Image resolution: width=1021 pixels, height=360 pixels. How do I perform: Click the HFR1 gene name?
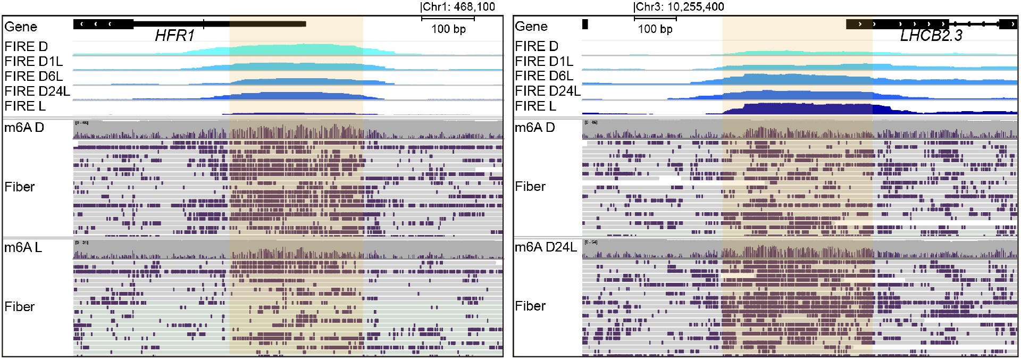174,36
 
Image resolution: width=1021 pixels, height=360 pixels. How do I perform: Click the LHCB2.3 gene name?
931,36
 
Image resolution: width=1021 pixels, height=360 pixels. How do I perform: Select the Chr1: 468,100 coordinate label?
458,7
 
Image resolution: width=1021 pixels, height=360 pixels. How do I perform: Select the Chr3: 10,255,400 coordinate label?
680,7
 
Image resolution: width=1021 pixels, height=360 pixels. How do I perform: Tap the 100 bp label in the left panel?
448,29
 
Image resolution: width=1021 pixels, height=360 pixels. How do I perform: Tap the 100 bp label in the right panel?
655,29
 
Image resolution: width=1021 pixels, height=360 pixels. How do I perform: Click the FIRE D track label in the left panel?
26,47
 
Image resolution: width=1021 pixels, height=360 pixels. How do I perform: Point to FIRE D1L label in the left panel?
34,62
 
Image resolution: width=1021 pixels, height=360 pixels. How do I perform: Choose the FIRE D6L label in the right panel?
544,76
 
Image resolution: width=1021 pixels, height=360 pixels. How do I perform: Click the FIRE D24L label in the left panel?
37,91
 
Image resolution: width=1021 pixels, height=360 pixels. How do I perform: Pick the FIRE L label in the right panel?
535,106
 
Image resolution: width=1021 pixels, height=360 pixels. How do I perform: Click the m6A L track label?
23,248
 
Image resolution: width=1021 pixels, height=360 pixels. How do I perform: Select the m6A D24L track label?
546,247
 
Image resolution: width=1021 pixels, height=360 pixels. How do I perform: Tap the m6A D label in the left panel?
24,128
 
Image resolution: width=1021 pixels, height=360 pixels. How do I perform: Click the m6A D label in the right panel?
534,128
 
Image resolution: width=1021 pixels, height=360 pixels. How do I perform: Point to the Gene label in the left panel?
21,27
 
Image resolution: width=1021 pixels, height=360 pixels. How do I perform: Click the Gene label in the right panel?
531,27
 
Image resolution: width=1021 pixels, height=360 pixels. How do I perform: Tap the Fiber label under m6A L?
20,307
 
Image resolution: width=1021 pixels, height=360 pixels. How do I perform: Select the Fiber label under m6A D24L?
530,306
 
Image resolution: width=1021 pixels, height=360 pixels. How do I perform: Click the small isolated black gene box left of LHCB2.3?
585,24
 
